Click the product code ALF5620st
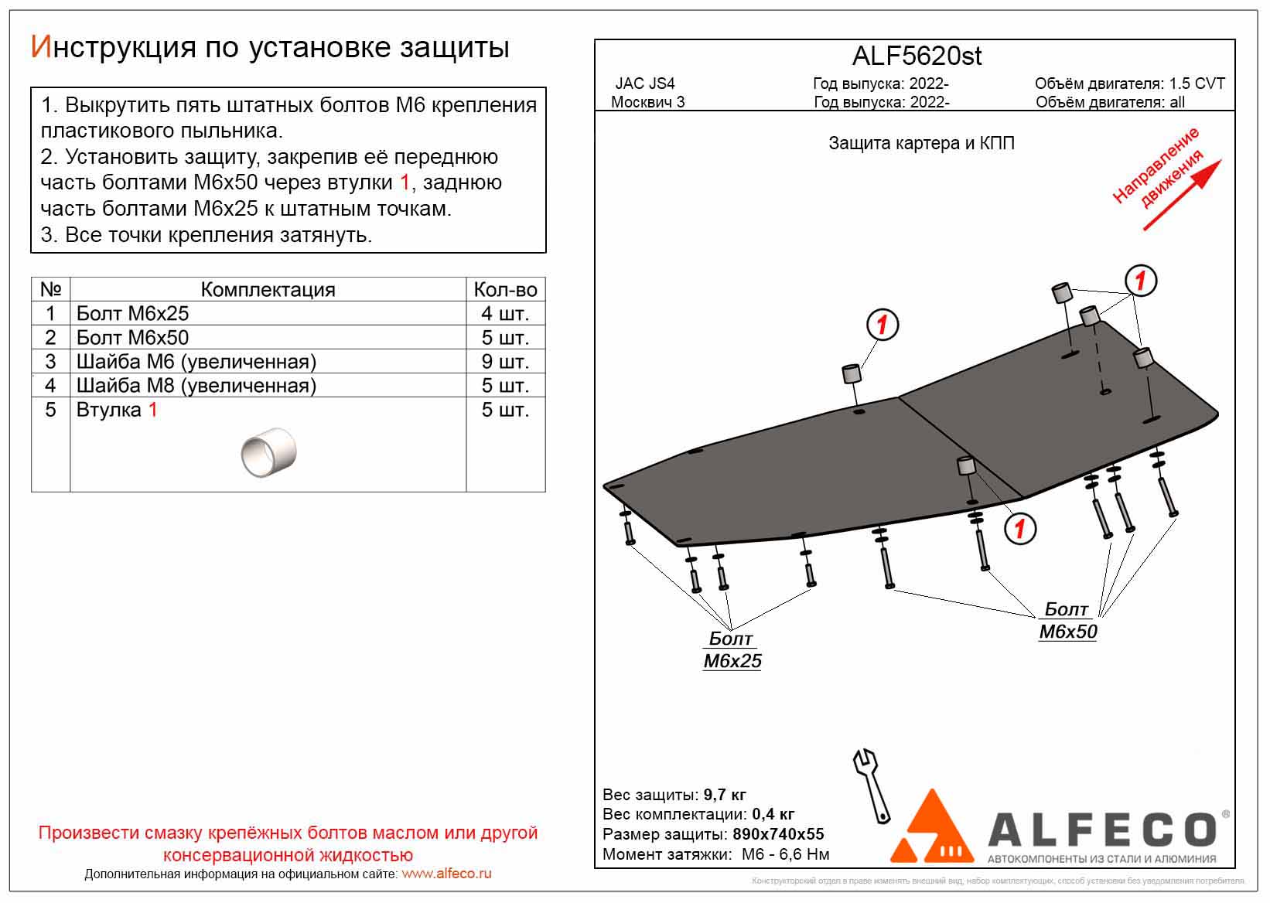[x=917, y=56]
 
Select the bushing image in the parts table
[x=268, y=452]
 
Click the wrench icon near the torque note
[x=871, y=784]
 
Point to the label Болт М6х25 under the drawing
[x=732, y=649]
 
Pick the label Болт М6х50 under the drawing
[x=1067, y=621]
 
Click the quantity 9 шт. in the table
[x=505, y=361]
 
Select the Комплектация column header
[x=268, y=289]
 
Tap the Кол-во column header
[x=505, y=289]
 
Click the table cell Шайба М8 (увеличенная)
[x=196, y=385]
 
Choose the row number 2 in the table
[x=50, y=337]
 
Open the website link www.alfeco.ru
[x=446, y=874]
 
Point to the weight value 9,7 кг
[x=725, y=795]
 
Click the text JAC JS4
[x=645, y=83]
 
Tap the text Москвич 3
[x=647, y=102]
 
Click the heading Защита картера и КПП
[x=921, y=143]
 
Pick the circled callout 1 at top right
[x=1139, y=280]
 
